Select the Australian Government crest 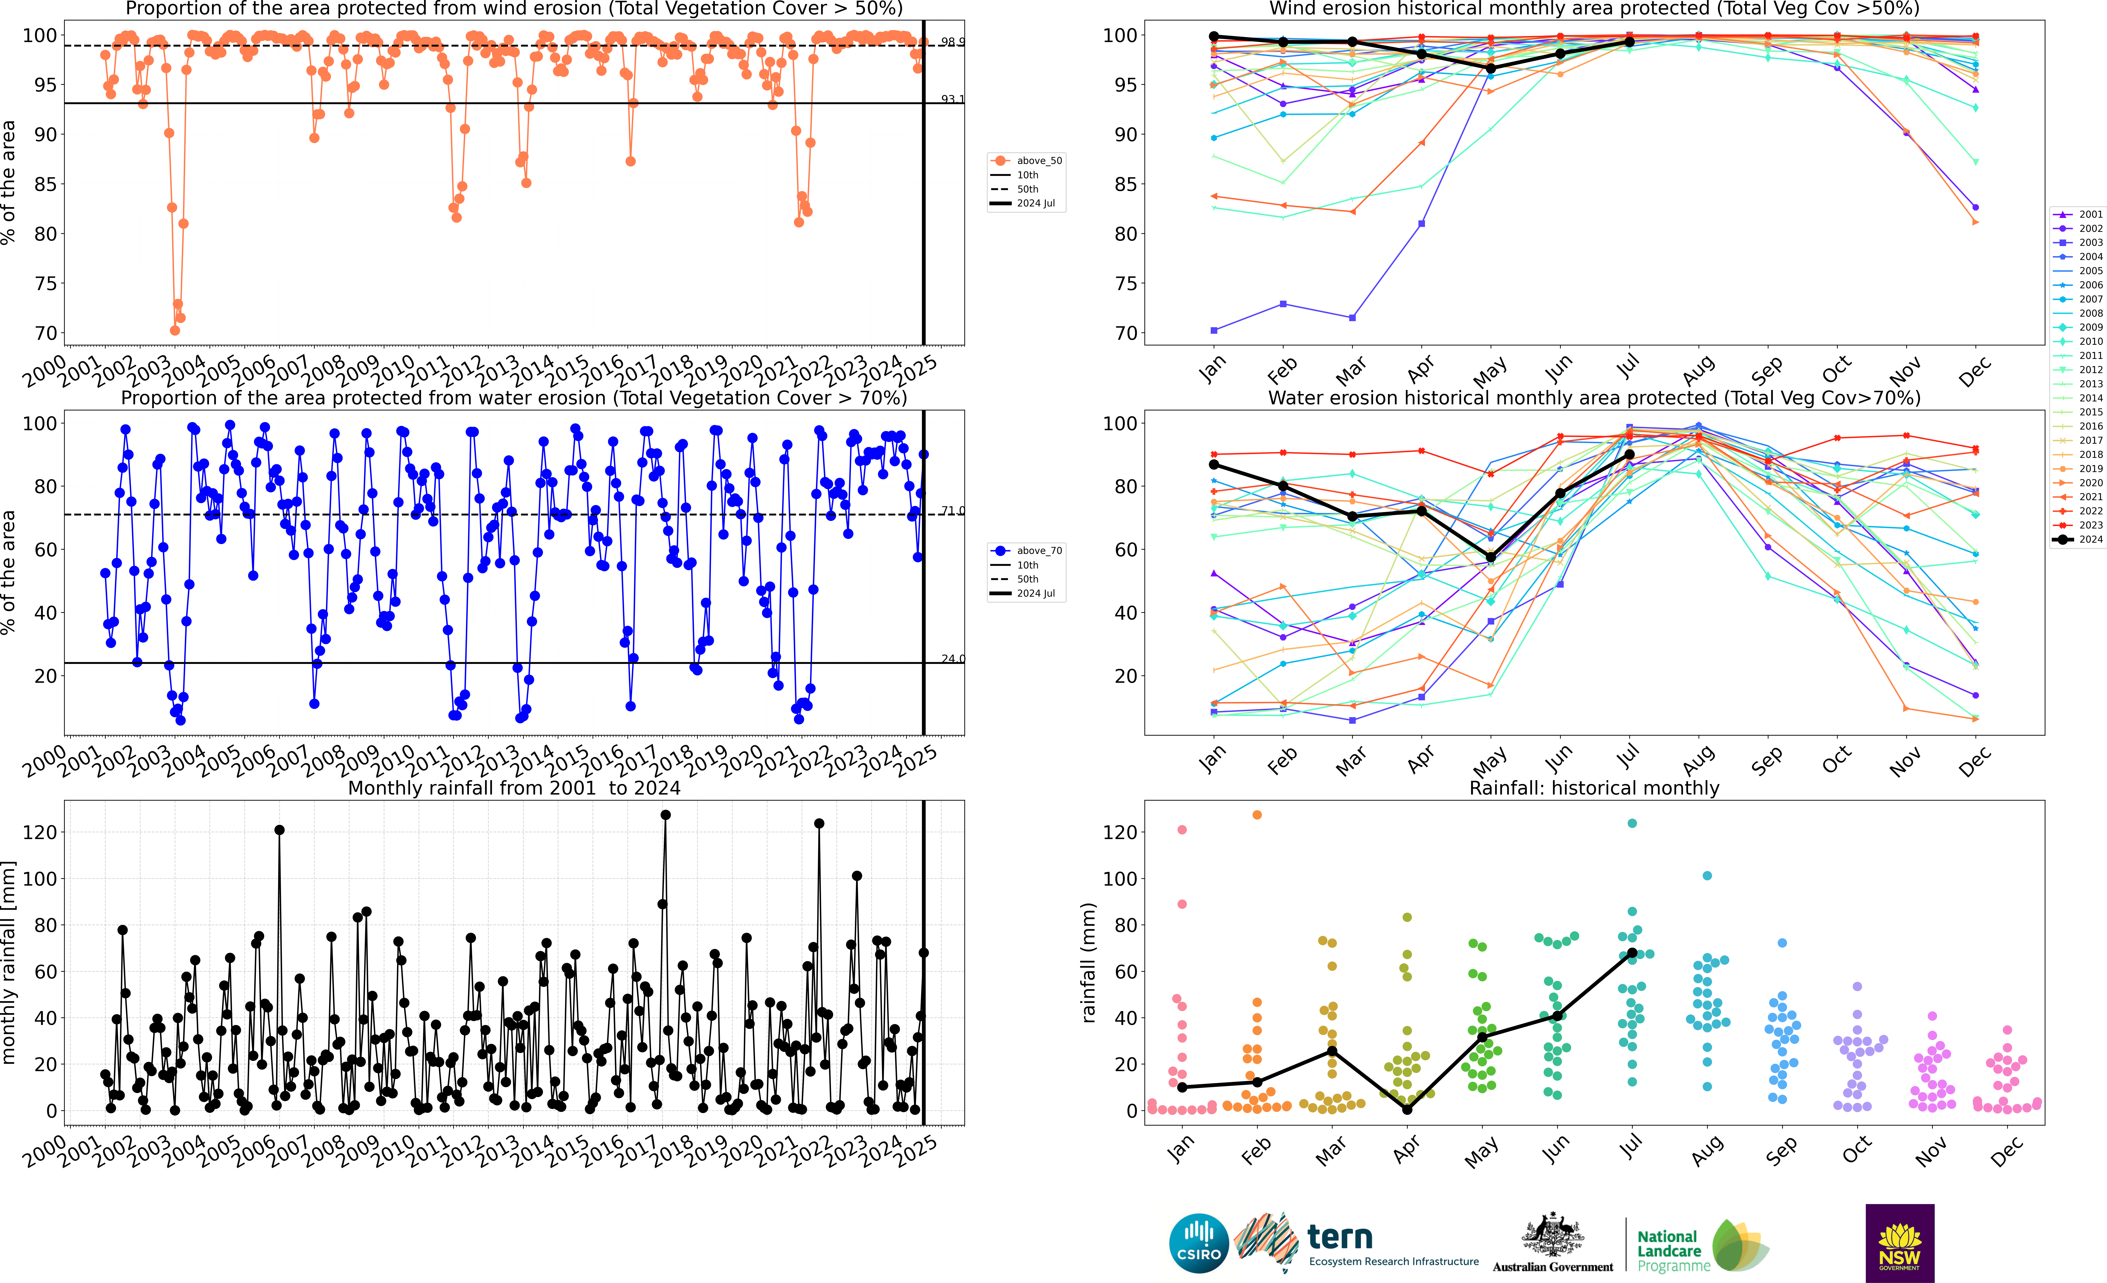[x=1552, y=1236]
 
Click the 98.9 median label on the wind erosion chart [x=952, y=42]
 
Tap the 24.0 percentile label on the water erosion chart [x=952, y=659]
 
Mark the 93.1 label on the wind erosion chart [x=952, y=99]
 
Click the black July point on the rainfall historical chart [x=1632, y=953]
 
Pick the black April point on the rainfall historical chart [x=1407, y=1109]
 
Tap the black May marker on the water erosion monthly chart [x=1490, y=557]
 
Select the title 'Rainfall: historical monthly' [x=1594, y=788]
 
